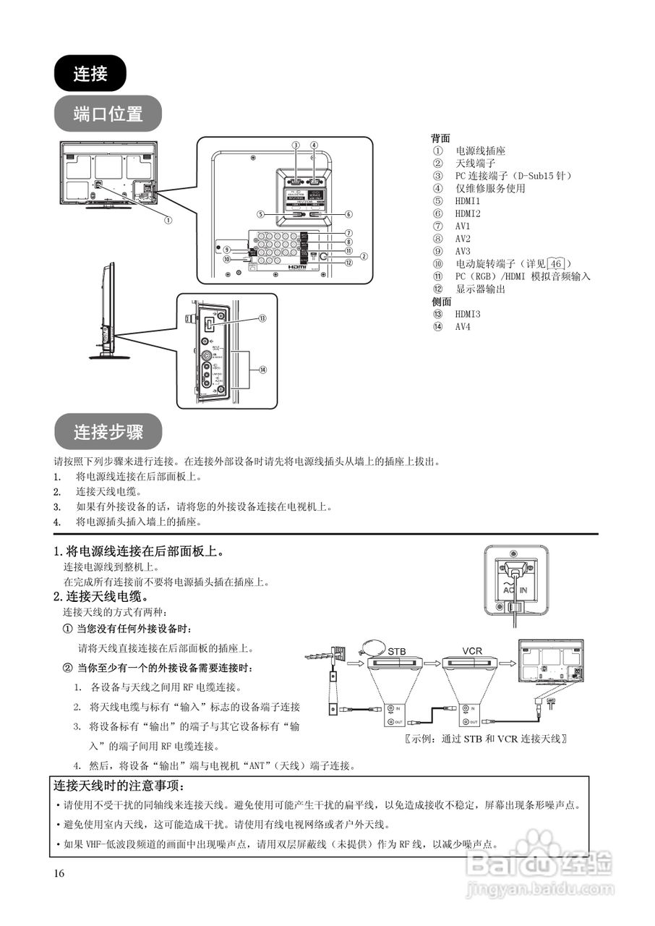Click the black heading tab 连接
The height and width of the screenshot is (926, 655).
[x=90, y=73]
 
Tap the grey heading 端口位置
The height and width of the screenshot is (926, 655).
[x=108, y=114]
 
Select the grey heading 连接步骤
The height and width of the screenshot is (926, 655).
[x=108, y=432]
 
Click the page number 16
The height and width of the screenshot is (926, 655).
[x=59, y=873]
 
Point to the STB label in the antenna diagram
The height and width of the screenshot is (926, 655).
[x=397, y=651]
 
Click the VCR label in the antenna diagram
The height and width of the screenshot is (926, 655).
[x=472, y=651]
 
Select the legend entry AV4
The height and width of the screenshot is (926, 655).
[x=463, y=326]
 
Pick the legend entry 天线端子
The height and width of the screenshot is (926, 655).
[x=474, y=163]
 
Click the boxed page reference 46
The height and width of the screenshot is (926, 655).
[x=556, y=264]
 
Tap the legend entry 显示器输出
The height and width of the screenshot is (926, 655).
[x=480, y=289]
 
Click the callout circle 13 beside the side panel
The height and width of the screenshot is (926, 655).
[x=262, y=318]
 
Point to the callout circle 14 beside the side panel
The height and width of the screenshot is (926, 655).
[x=262, y=369]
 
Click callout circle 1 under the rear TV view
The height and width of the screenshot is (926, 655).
[x=168, y=219]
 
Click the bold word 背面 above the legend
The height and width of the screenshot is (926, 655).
[x=440, y=138]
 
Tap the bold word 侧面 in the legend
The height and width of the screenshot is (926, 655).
[x=440, y=302]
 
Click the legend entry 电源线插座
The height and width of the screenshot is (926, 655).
[x=480, y=151]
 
